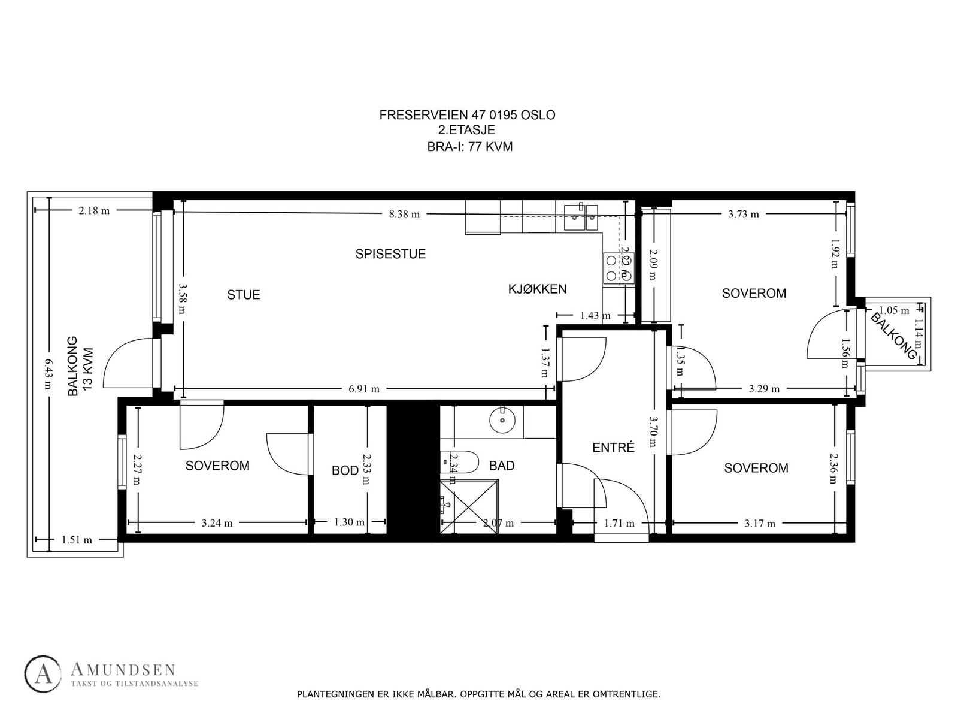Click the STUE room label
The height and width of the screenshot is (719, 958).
[x=244, y=295]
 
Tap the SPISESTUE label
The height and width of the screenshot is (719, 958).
[x=390, y=254]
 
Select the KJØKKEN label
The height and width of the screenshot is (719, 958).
[x=537, y=289]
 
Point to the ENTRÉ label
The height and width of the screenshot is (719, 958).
[x=613, y=448]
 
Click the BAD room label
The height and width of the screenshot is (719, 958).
[x=501, y=466]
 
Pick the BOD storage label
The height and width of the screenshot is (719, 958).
[x=345, y=470]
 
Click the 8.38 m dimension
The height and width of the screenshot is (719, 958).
[x=404, y=214]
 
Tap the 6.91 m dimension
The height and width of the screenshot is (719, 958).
[x=364, y=389]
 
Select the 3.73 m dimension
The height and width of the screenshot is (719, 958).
[x=744, y=214]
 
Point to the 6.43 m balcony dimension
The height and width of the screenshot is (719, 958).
[x=48, y=373]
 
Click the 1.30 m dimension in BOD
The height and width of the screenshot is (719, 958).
[x=349, y=522]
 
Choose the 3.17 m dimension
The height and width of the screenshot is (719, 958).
[x=760, y=523]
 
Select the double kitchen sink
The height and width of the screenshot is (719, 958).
[x=580, y=217]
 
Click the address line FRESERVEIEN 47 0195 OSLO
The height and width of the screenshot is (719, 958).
[x=467, y=115]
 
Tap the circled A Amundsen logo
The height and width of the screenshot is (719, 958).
[x=43, y=675]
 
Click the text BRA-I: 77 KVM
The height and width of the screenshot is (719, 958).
[x=470, y=147]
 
